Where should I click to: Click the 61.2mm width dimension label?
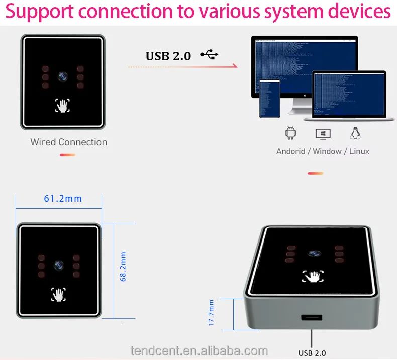(x=63, y=198)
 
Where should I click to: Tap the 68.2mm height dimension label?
(x=123, y=267)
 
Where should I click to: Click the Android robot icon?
(x=290, y=133)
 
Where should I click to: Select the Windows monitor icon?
(x=323, y=134)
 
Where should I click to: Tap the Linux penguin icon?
(x=355, y=133)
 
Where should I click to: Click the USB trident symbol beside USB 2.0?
(x=210, y=55)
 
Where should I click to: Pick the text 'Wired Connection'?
(x=69, y=142)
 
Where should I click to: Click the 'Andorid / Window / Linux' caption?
(x=323, y=151)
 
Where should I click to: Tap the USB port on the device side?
(x=312, y=318)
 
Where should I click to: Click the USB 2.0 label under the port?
(x=312, y=353)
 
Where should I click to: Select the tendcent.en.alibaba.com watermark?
(x=199, y=350)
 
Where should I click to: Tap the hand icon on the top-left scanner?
(x=62, y=105)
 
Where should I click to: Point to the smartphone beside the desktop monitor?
(x=269, y=99)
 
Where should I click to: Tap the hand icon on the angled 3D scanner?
(x=313, y=276)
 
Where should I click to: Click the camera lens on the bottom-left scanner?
(x=59, y=265)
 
